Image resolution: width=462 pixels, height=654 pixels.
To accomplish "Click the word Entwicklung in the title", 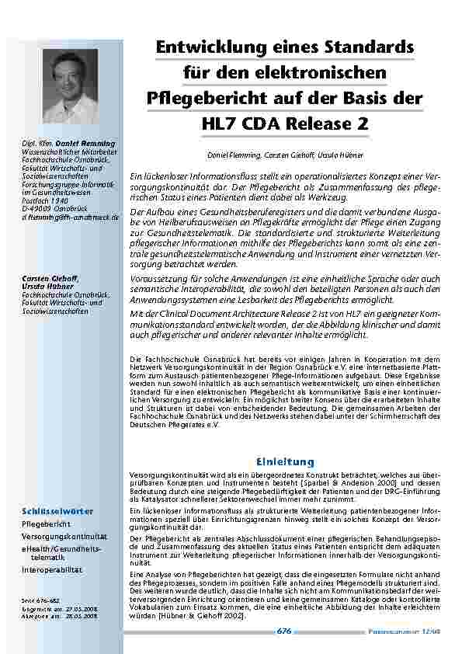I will click(204, 48).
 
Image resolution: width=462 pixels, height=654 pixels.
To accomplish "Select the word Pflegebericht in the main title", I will click(203, 99).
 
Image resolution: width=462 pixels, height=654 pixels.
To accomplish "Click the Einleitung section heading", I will click(284, 462).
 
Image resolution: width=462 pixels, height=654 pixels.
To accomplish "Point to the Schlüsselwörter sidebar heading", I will click(57, 512).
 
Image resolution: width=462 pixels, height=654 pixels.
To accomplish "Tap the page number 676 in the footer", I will click(284, 631).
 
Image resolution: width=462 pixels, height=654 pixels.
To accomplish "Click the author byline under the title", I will click(285, 155).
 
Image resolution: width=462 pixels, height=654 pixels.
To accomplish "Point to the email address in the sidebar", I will click(71, 217).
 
